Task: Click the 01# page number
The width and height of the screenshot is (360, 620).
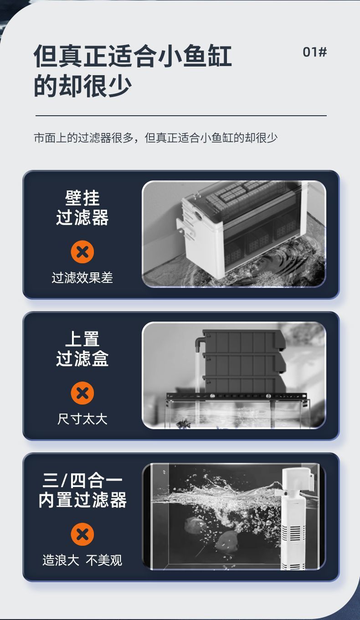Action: pos(314,52)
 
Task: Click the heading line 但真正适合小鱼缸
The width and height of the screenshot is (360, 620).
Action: pos(133,56)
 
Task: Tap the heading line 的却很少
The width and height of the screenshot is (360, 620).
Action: pos(82,86)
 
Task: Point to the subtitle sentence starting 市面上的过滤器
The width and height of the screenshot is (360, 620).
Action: pos(156,138)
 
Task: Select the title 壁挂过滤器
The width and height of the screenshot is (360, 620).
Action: pos(82,208)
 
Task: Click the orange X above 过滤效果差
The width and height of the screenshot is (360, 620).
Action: pos(82,252)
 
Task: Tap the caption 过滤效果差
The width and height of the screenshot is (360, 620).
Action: pos(82,278)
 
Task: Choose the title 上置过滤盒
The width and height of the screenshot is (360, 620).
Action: pos(82,349)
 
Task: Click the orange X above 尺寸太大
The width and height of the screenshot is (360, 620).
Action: pos(82,393)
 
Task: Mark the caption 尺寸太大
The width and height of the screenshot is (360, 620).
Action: pos(82,419)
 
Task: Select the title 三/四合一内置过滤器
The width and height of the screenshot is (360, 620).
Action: pos(82,490)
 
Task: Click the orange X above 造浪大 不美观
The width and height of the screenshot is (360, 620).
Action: pos(82,534)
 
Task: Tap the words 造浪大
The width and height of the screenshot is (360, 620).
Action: pos(61,560)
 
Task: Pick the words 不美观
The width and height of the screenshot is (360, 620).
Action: pos(104,560)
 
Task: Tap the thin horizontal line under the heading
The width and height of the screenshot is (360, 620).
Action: pos(181,116)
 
